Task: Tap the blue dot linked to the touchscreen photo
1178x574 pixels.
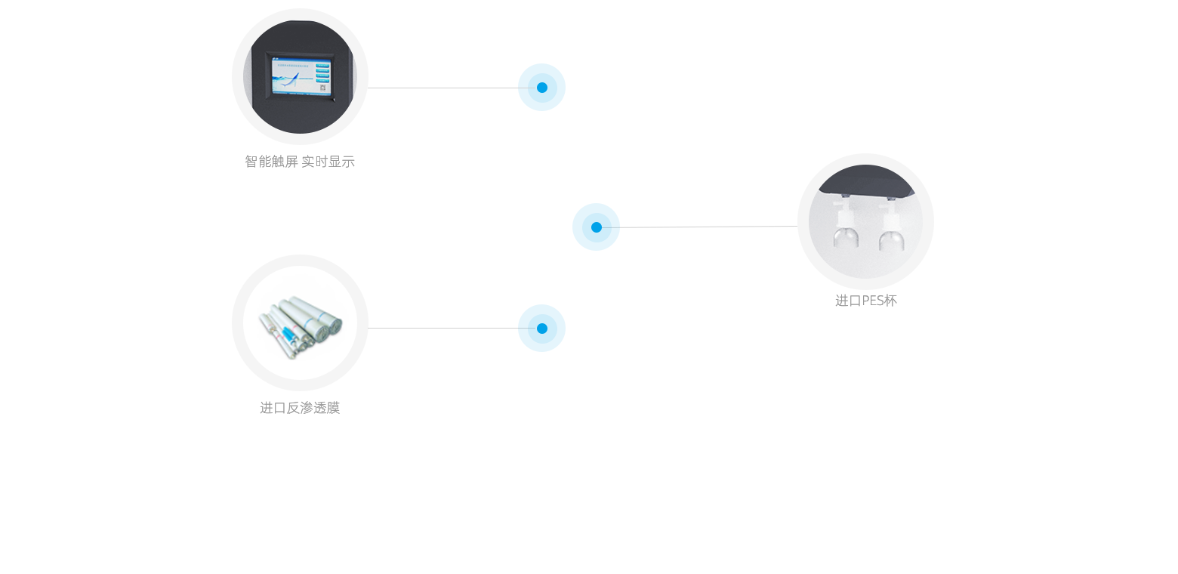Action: point(542,88)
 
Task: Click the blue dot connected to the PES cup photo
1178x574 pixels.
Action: point(597,227)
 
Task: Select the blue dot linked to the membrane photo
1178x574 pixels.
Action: point(542,329)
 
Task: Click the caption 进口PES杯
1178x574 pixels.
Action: point(866,301)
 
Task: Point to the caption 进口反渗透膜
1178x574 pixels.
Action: point(300,408)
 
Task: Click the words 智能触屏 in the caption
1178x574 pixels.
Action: point(271,162)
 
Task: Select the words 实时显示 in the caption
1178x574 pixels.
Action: point(328,162)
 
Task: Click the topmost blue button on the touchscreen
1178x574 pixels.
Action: point(322,66)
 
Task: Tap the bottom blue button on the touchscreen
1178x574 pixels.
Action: point(322,81)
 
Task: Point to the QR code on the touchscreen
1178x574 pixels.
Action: point(323,88)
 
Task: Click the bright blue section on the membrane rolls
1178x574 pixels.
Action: point(288,333)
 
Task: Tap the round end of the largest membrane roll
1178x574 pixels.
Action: point(335,326)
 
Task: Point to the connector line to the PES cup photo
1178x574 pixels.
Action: point(700,227)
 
